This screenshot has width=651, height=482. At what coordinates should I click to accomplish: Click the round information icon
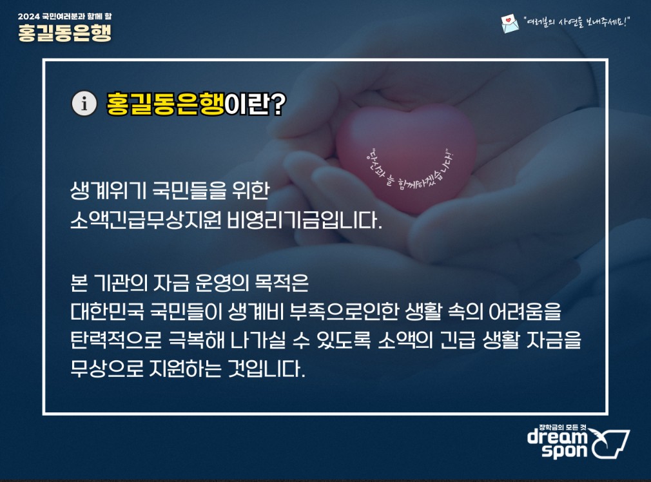point(84,103)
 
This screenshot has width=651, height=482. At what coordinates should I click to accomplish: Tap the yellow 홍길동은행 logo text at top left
point(64,32)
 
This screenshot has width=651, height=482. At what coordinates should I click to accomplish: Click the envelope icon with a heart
point(510,23)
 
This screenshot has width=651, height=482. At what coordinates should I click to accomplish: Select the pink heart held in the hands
point(407,159)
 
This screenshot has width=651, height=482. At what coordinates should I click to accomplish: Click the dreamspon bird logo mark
point(610,443)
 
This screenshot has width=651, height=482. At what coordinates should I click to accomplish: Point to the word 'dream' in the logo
point(558,437)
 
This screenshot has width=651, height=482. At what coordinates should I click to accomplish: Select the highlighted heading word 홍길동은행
point(165,103)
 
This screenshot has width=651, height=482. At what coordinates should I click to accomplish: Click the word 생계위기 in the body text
point(108,191)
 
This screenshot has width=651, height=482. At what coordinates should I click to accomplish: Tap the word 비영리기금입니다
point(304,220)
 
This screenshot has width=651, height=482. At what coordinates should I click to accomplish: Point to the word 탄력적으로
point(116,340)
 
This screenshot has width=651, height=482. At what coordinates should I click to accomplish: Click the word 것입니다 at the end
point(267,368)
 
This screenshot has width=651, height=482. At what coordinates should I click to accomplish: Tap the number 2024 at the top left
point(28,17)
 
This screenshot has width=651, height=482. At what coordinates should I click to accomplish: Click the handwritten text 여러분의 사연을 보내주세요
point(577,22)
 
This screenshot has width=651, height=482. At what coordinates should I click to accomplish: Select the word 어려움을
point(525,311)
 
